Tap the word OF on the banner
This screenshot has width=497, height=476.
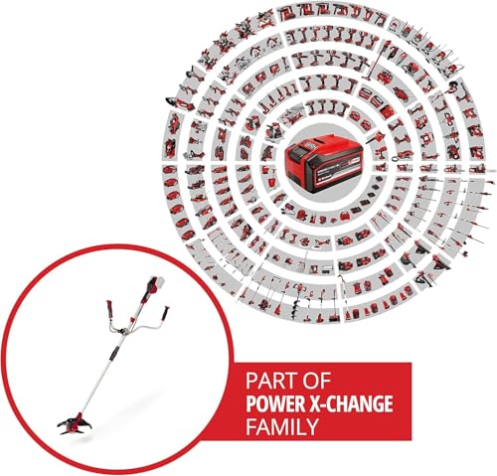[x=317, y=382]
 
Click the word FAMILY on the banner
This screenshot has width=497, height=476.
[x=282, y=426]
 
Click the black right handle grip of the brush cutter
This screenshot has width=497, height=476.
[x=165, y=313]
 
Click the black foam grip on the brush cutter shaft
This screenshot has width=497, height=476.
[x=113, y=354]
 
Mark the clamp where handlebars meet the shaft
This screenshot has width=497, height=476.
[x=124, y=331]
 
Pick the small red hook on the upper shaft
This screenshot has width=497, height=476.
[x=133, y=320]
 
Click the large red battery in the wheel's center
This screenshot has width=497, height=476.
[x=321, y=162]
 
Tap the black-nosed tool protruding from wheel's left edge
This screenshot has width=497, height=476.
[x=174, y=100]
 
